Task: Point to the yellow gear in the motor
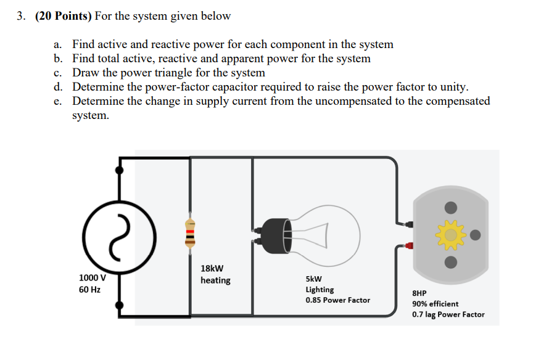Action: (451, 234)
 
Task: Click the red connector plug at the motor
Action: (408, 245)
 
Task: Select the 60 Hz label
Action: (90, 288)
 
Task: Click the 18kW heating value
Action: (212, 268)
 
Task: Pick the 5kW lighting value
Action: (313, 278)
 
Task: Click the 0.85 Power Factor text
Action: (337, 300)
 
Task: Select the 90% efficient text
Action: (435, 304)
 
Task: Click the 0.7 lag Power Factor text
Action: (448, 314)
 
